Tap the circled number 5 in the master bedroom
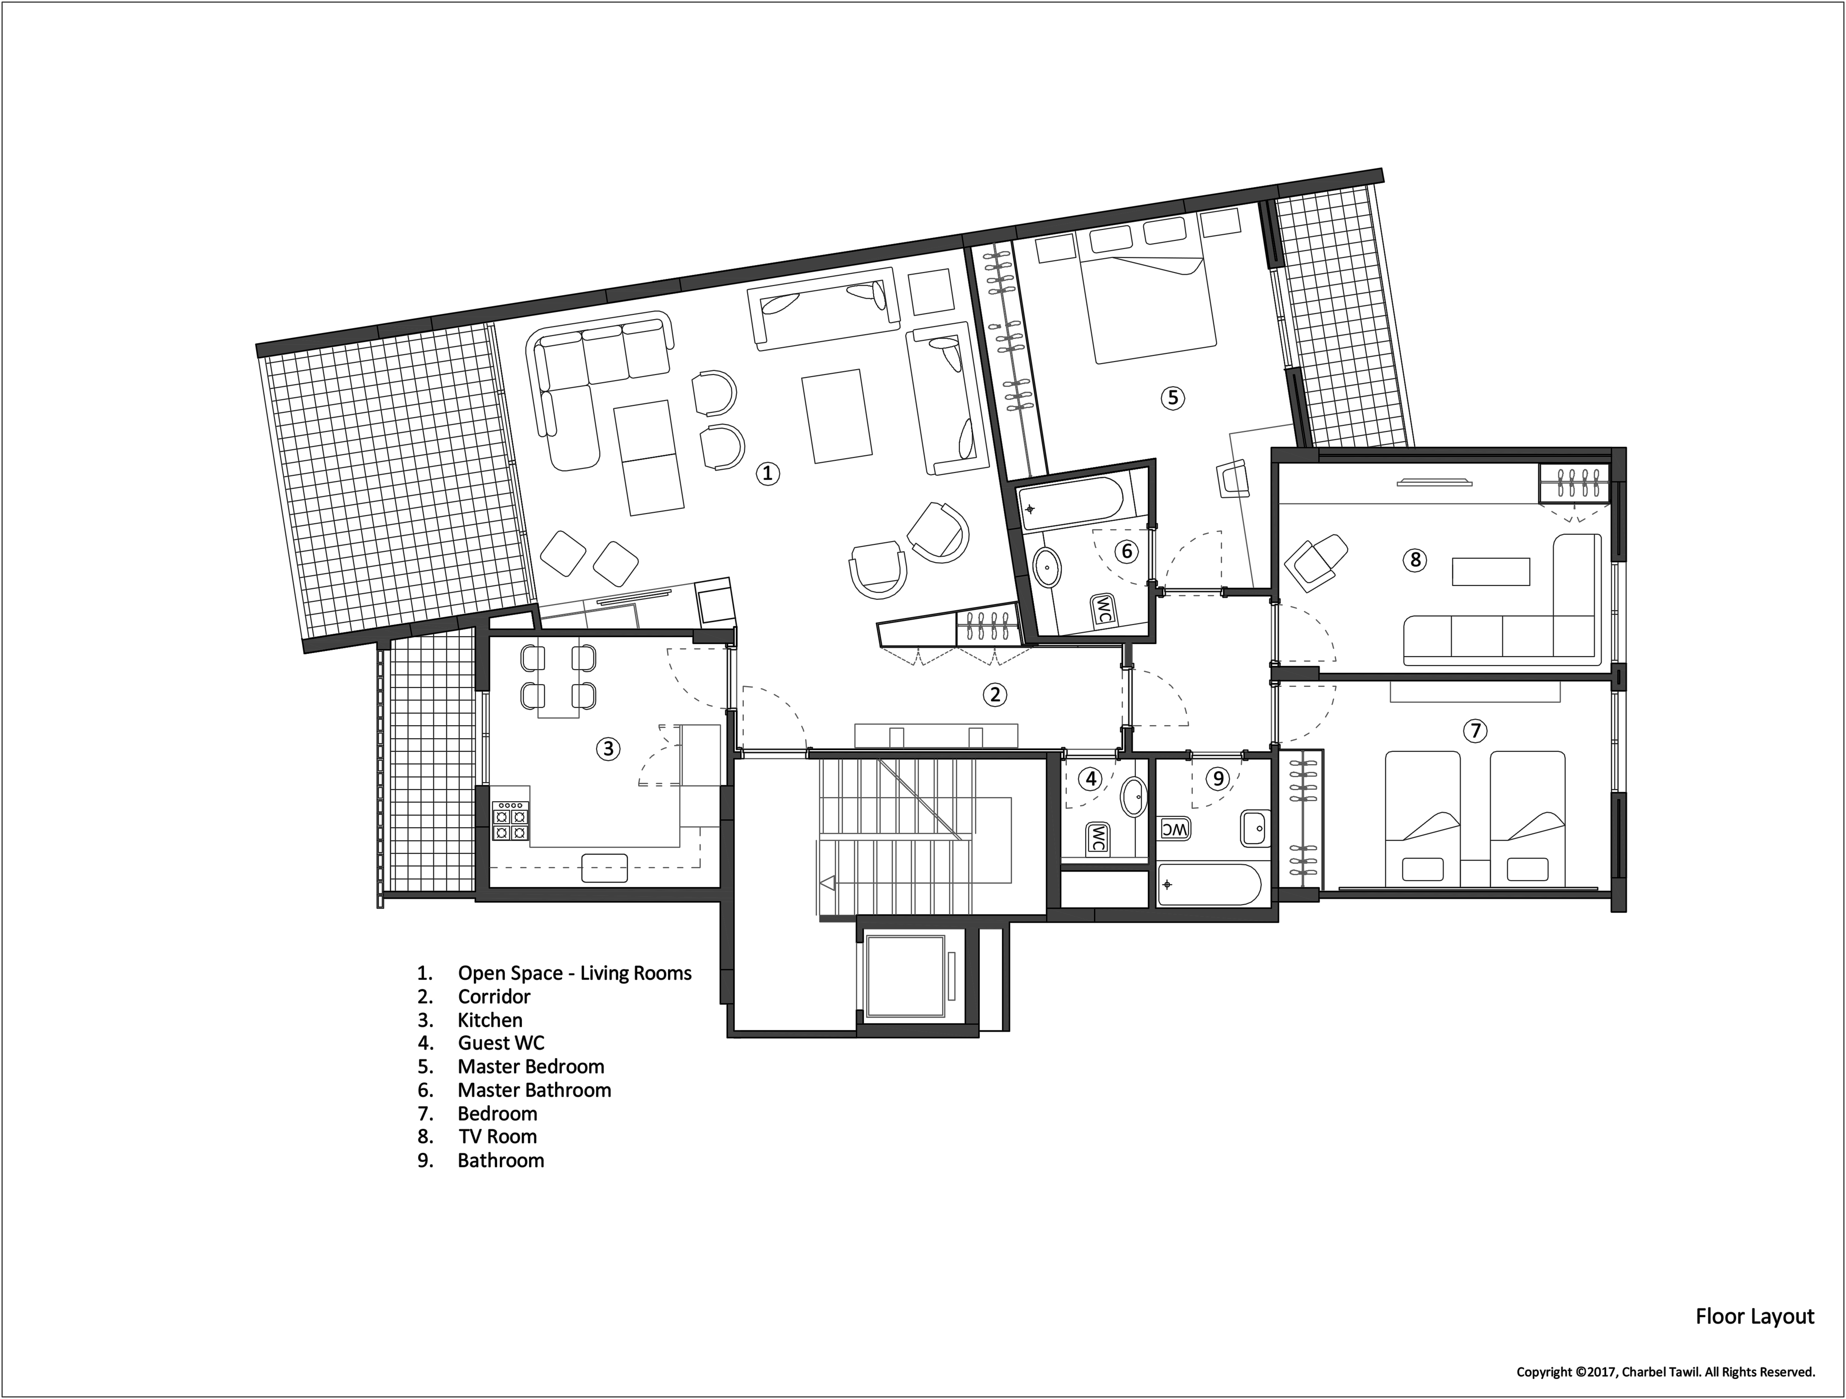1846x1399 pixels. [x=1172, y=398]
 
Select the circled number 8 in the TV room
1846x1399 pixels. [x=1415, y=559]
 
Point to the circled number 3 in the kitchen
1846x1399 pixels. [x=607, y=749]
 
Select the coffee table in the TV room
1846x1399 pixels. [x=1491, y=572]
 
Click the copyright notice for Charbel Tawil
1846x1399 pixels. [x=1666, y=1371]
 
